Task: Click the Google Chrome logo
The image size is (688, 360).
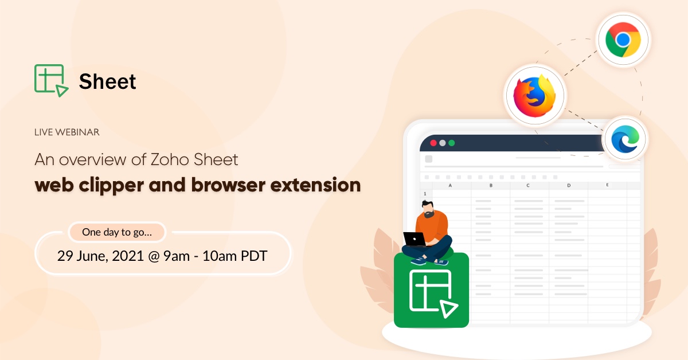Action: point(623,40)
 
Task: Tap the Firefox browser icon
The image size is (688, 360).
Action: point(535,95)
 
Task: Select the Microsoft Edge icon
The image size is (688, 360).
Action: point(624,139)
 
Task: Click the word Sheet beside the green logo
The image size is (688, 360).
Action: point(108,81)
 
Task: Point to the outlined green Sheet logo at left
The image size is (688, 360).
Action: point(50,80)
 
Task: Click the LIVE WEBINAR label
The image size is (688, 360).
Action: point(67,132)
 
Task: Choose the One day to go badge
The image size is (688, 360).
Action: point(117,232)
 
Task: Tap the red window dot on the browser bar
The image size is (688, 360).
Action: point(433,143)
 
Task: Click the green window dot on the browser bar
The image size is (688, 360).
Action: point(451,143)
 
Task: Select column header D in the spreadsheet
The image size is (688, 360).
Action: point(569,186)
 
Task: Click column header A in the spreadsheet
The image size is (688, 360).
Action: point(451,186)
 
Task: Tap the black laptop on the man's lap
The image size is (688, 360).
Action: point(414,239)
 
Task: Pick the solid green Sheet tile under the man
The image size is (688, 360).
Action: point(431,291)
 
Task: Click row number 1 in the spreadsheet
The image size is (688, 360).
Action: point(425,194)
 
